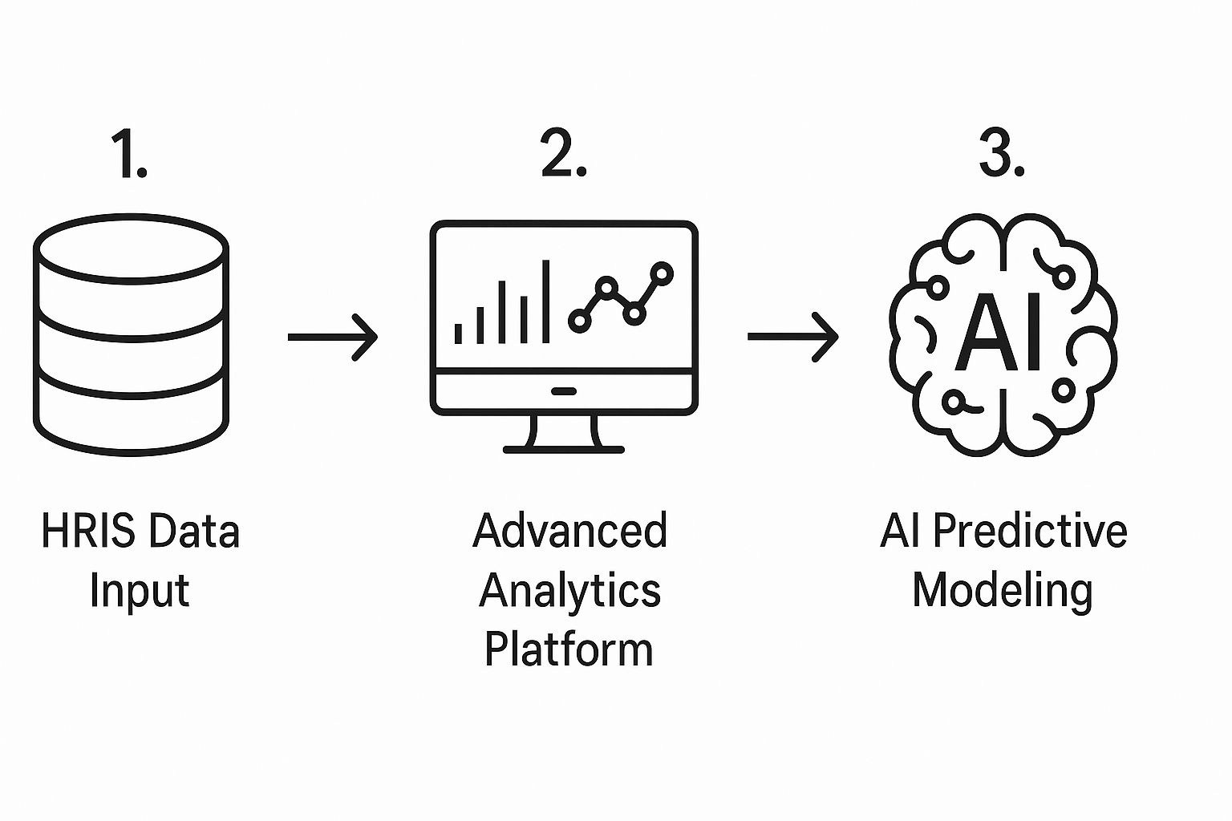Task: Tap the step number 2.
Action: point(563,155)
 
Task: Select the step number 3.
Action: point(1002,155)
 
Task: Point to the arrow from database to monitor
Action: point(332,337)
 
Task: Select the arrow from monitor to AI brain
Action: point(792,337)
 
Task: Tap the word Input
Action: point(139,592)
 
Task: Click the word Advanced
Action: point(569,531)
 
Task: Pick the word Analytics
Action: point(569,592)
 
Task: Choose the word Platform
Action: point(569,649)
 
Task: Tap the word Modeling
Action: point(1003,592)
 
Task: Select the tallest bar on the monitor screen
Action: point(546,301)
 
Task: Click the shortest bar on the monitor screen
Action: point(459,333)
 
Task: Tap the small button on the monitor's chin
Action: point(564,391)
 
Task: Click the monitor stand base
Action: point(563,449)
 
